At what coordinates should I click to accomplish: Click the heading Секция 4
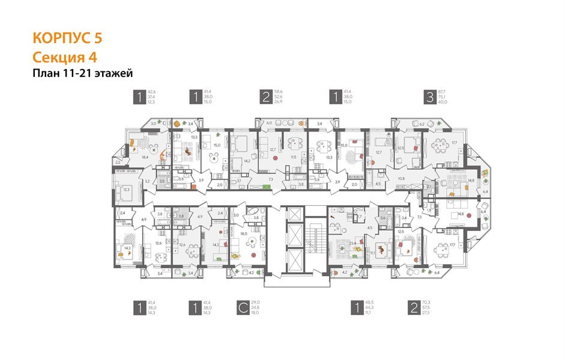point(64,58)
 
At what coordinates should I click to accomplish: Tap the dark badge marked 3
point(429,97)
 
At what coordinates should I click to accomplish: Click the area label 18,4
point(145,157)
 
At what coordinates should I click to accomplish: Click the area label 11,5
point(294,157)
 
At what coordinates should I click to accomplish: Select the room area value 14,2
point(247,160)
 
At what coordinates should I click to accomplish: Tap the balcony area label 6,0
point(269,123)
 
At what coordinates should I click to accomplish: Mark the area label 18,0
point(244,233)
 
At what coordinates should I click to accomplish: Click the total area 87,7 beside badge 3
point(444,91)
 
